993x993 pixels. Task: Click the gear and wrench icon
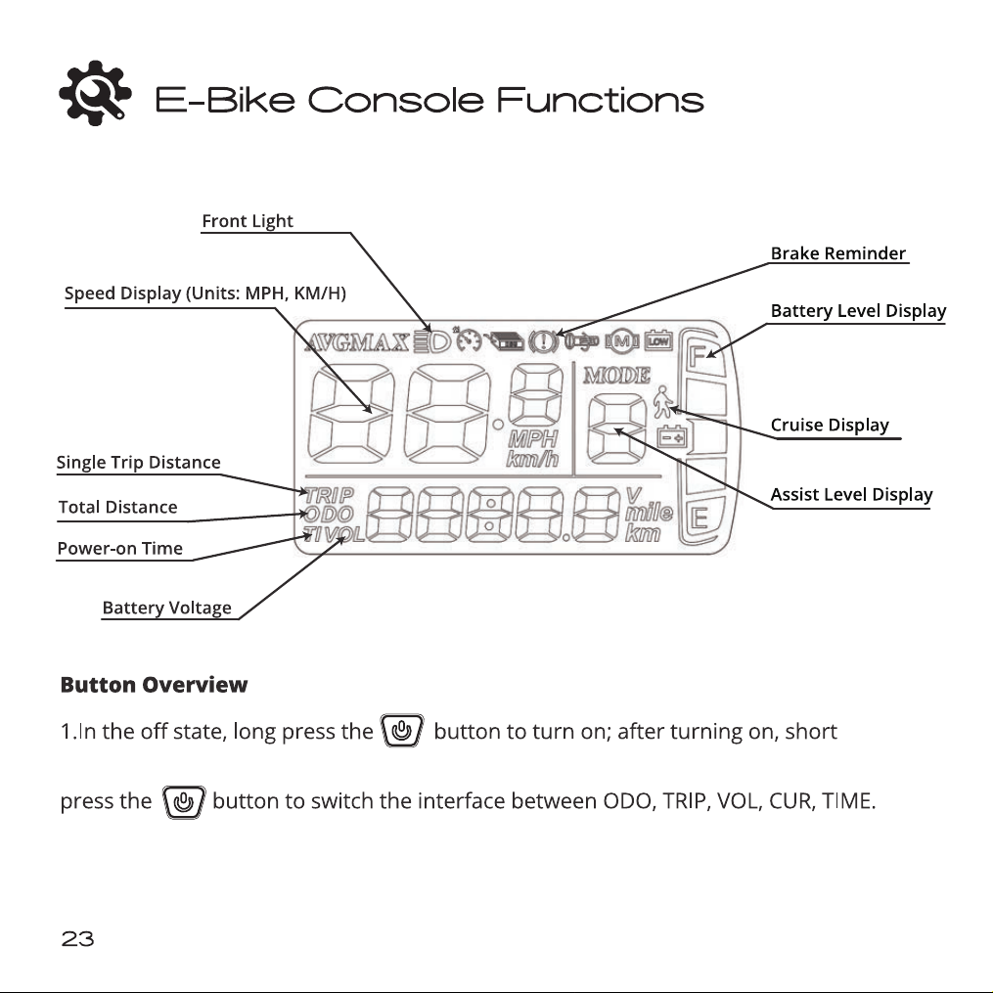tap(95, 93)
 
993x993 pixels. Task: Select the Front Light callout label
tap(247, 221)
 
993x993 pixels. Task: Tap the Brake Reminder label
tap(837, 253)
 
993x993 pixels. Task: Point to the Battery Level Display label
tap(858, 311)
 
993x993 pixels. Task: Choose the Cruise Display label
tap(830, 425)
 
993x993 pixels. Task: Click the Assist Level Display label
tap(851, 495)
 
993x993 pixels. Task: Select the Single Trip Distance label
tap(139, 463)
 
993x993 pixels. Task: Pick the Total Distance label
tap(117, 508)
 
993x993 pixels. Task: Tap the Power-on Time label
tap(119, 549)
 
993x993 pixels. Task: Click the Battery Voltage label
tap(166, 608)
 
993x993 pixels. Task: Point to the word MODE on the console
tap(616, 376)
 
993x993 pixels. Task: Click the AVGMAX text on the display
tap(356, 342)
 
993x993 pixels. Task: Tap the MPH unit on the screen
tap(532, 439)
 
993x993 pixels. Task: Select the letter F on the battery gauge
tap(697, 356)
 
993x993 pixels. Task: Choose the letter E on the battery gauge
tap(700, 519)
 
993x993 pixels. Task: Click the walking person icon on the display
tap(662, 402)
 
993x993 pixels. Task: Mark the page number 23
tap(77, 938)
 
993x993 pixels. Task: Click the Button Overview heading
tap(154, 685)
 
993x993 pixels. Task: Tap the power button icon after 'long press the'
tap(401, 731)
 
